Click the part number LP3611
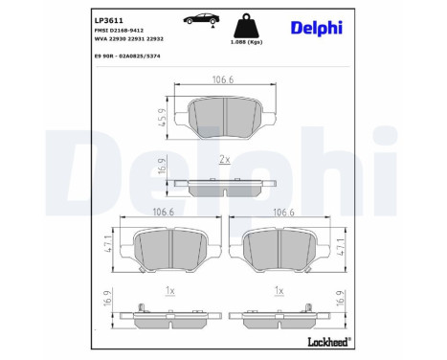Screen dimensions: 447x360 [109, 21]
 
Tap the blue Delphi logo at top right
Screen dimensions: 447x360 [317, 28]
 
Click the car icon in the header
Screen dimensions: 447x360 [203, 19]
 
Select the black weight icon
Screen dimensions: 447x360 [246, 26]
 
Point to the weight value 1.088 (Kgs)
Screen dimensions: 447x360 [246, 42]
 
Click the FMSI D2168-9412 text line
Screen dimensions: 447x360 [119, 31]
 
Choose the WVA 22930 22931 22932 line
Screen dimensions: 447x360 [129, 39]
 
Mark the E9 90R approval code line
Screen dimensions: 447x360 [127, 56]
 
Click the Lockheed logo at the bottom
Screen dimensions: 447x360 [329, 342]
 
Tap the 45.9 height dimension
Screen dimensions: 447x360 [163, 118]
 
